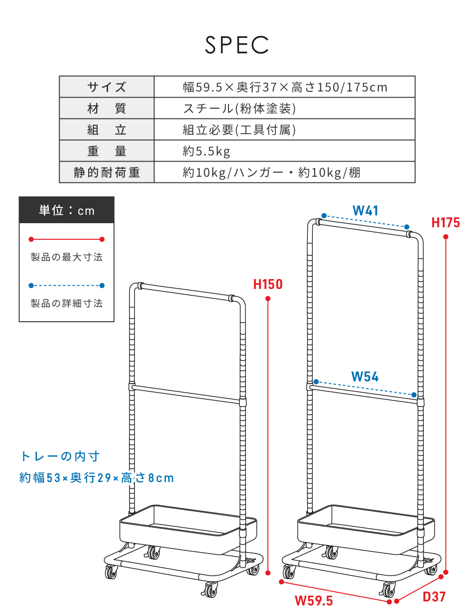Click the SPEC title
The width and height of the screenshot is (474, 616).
pos(237,45)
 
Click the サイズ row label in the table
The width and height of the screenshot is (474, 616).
pos(107,87)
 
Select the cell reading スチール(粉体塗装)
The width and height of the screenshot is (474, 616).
pos(239,109)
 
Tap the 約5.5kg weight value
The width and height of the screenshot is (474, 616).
pos(206,151)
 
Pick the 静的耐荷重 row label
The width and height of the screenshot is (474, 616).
pos(107,172)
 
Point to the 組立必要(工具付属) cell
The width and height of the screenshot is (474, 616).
pos(239,130)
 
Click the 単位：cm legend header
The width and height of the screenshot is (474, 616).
pos(67,210)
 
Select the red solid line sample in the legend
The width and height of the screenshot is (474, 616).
pos(67,239)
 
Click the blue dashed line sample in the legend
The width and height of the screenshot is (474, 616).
pos(67,285)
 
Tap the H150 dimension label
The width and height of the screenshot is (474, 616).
pos(268,284)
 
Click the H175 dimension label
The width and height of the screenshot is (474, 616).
pos(446,223)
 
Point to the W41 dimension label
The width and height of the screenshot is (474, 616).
pos(365,211)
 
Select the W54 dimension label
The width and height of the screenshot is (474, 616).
pos(365,377)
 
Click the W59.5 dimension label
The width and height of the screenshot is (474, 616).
pos(314,601)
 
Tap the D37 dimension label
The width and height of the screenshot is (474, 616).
pos(434,597)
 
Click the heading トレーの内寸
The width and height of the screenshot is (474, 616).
pos(60,456)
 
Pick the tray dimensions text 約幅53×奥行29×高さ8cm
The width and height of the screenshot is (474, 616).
pos(96,478)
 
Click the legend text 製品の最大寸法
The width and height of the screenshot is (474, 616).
pos(67,257)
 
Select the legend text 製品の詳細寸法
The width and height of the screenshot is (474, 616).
pos(67,303)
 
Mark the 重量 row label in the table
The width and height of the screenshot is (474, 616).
pos(107,151)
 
